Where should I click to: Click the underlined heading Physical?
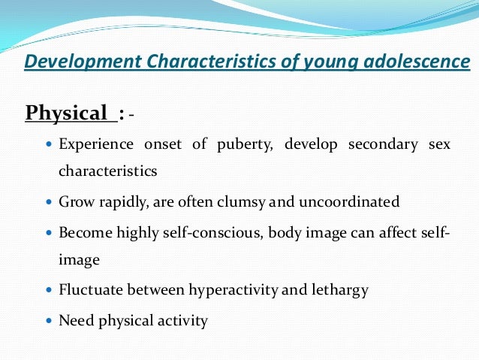67,113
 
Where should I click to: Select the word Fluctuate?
89,289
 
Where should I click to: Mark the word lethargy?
339,289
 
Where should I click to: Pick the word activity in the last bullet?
181,321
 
